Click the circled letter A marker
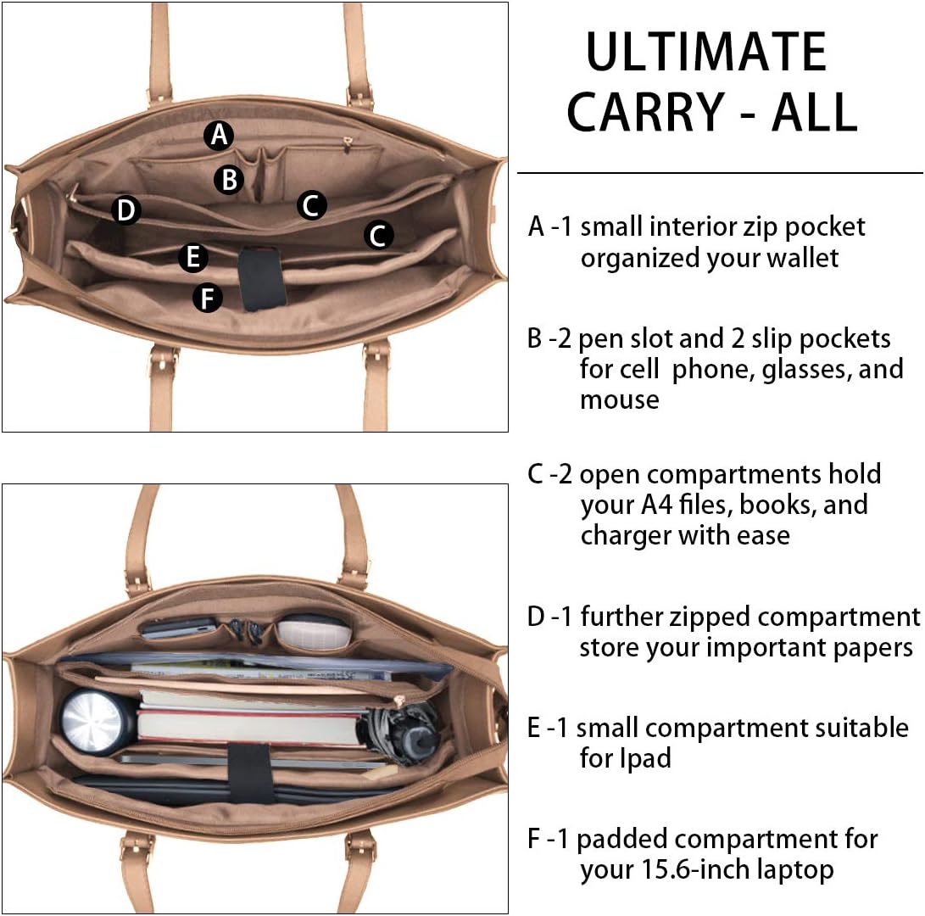click(x=219, y=135)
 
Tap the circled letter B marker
click(x=229, y=179)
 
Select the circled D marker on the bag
click(x=126, y=209)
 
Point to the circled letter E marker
click(x=193, y=257)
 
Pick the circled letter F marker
click(x=208, y=298)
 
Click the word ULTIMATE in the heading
click(x=706, y=53)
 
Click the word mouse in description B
click(x=620, y=399)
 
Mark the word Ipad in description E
click(x=626, y=757)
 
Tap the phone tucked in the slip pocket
click(x=178, y=628)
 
